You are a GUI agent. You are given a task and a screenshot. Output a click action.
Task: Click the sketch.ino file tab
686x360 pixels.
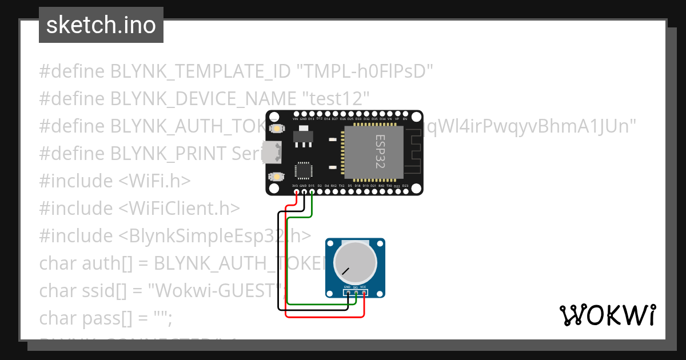coord(101,25)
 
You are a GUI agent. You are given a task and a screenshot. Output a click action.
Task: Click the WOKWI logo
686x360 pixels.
coord(607,315)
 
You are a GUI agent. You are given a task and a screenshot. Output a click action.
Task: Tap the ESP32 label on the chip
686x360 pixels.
coord(380,151)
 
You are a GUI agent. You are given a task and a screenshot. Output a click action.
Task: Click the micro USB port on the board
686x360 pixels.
coord(273,152)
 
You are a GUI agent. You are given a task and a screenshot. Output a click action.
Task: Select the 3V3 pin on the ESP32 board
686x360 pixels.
coord(296,191)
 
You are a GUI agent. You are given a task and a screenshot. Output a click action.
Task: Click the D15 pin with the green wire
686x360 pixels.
coord(312,191)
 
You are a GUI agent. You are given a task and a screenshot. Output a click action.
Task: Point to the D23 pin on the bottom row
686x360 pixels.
coord(405,191)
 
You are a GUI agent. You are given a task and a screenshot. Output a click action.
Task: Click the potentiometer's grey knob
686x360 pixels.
coord(356,262)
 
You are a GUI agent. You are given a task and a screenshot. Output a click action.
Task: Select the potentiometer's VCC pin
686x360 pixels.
coord(364,293)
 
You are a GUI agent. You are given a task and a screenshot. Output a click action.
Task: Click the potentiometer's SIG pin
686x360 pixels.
coord(356,293)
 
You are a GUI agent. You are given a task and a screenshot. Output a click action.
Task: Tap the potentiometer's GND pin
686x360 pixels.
coord(348,293)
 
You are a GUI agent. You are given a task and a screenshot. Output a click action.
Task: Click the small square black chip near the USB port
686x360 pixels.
coord(303,171)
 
